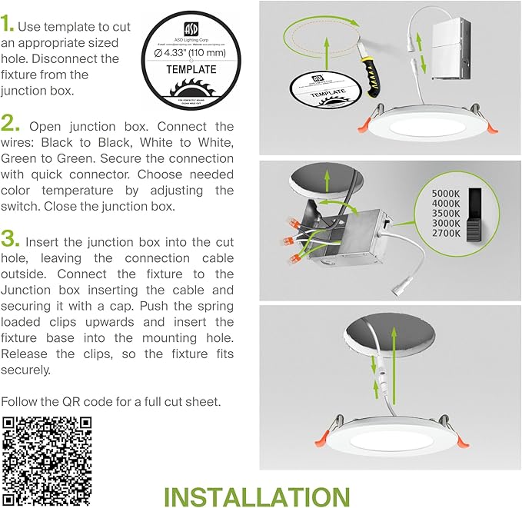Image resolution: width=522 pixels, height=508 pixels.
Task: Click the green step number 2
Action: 12,125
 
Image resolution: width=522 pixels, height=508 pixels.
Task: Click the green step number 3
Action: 12,237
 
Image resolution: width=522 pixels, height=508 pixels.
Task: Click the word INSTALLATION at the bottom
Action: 257,496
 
